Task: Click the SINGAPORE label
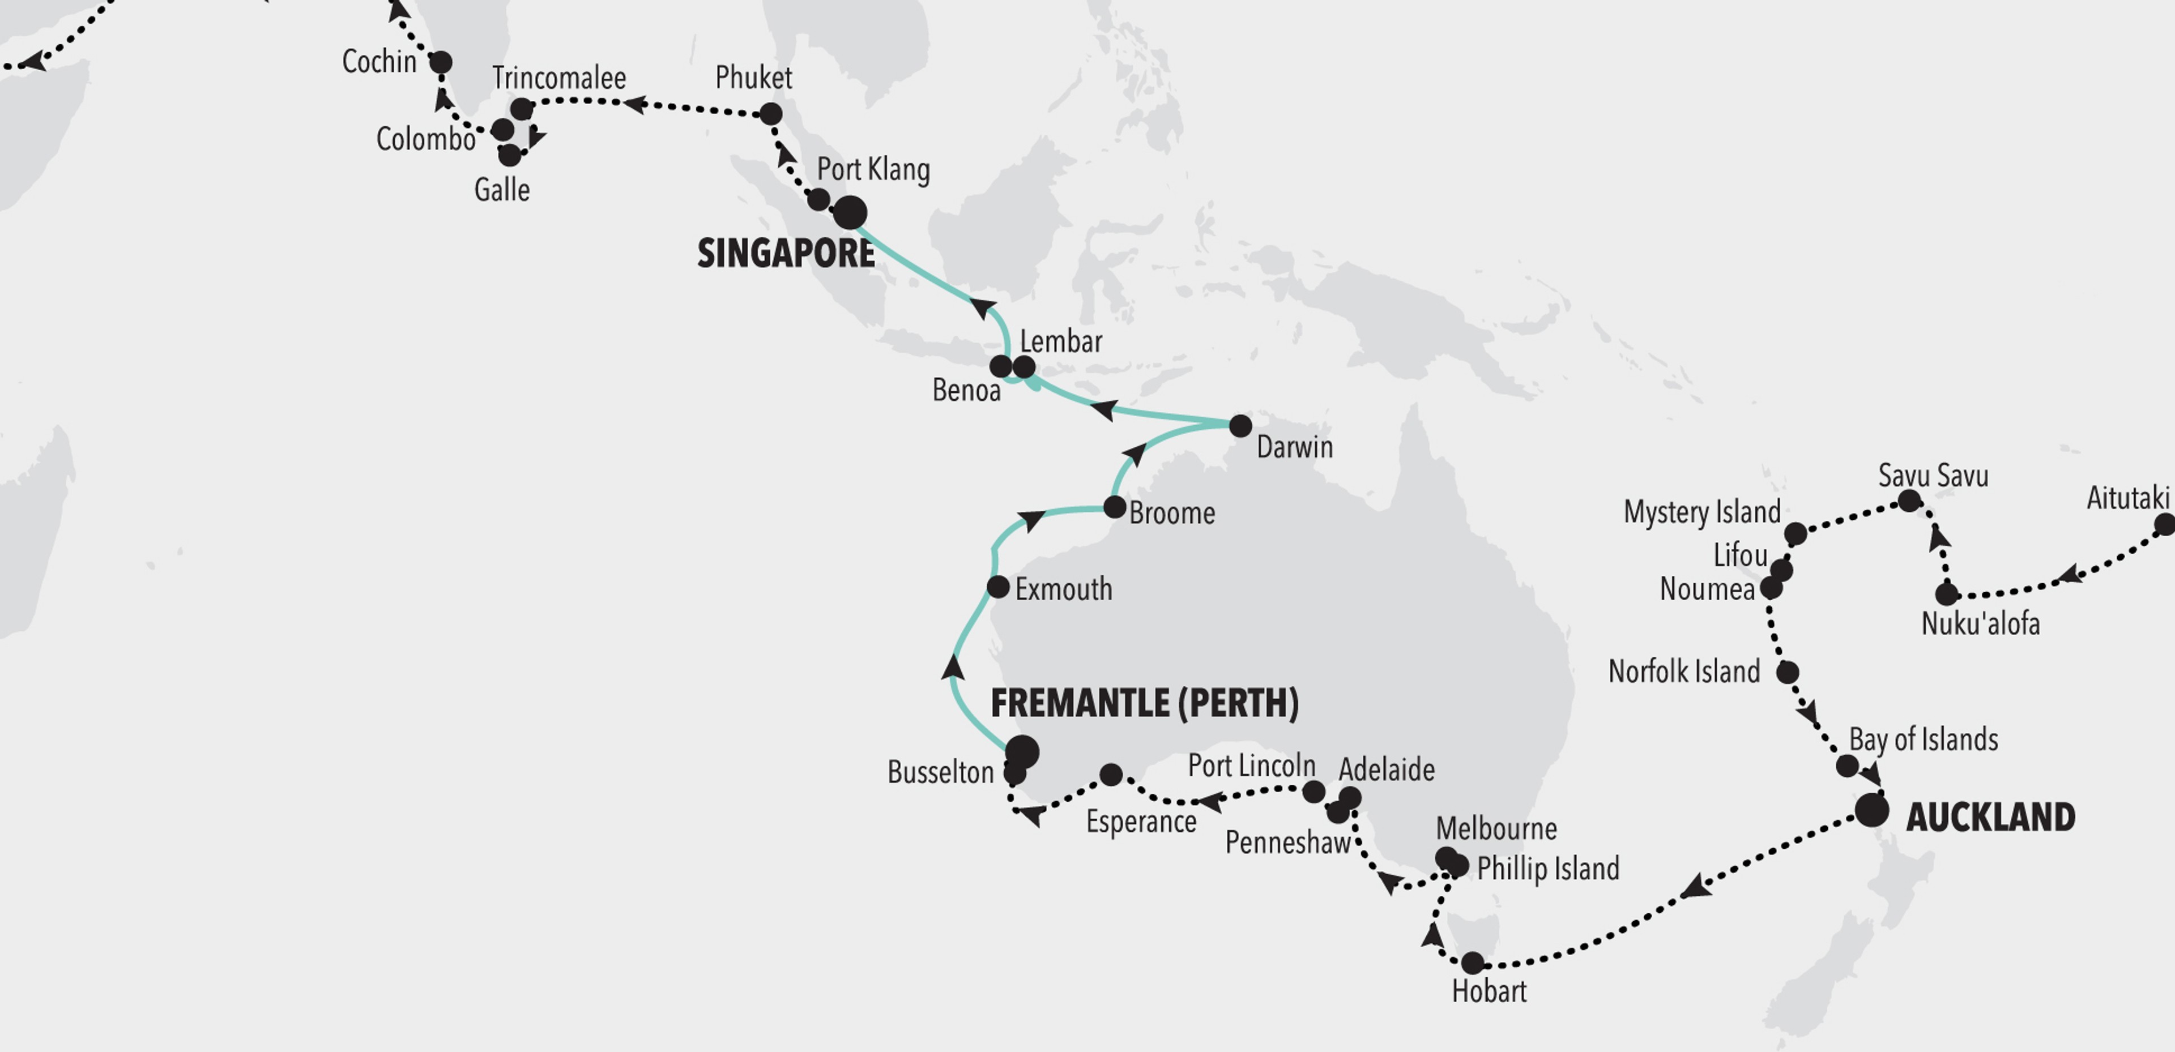coord(785,253)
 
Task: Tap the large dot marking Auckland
coord(1871,811)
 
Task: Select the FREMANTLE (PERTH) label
coord(1144,703)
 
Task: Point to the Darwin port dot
coord(1239,426)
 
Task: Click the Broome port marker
coord(1115,507)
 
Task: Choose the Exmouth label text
coord(1063,589)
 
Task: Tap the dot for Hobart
coord(1472,963)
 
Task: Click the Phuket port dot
coord(770,114)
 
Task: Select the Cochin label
coord(379,62)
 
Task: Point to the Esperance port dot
coord(1111,774)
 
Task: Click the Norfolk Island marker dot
coord(1788,672)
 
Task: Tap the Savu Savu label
coord(1933,476)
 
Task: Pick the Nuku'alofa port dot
coord(1946,595)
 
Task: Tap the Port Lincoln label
coord(1251,766)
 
